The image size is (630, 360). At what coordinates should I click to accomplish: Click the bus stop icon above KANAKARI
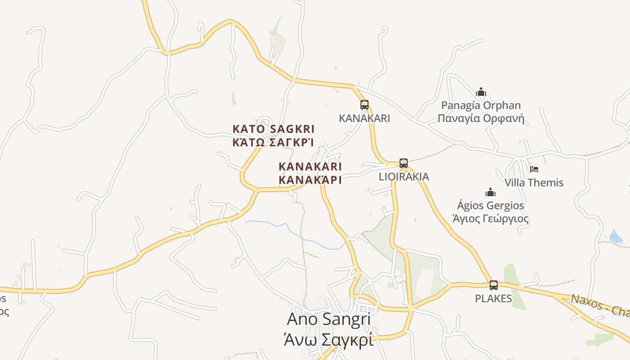[364, 105]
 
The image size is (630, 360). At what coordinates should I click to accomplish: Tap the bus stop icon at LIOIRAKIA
[404, 163]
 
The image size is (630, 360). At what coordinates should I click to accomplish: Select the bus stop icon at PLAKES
[494, 285]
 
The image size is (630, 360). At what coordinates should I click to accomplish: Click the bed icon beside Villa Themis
[534, 169]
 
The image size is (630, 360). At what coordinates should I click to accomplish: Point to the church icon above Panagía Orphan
[481, 92]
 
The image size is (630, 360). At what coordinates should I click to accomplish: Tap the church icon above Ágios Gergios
[490, 193]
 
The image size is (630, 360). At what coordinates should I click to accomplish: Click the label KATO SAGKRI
[273, 129]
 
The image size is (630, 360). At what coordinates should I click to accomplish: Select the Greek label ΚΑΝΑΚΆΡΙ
[310, 180]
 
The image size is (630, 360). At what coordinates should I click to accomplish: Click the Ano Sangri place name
[328, 319]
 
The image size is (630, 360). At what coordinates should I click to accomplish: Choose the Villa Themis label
[534, 183]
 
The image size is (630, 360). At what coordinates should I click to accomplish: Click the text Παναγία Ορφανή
[481, 119]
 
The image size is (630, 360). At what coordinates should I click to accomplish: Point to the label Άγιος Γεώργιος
[490, 219]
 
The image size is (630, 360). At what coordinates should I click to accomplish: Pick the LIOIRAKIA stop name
[404, 176]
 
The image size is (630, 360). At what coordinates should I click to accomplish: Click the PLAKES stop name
[494, 298]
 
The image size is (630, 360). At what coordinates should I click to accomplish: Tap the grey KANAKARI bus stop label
[364, 118]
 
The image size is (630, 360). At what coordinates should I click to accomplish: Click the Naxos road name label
[598, 306]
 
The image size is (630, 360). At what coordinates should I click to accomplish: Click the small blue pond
[615, 236]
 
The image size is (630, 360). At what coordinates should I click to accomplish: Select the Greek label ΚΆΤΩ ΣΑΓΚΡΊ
[273, 143]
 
